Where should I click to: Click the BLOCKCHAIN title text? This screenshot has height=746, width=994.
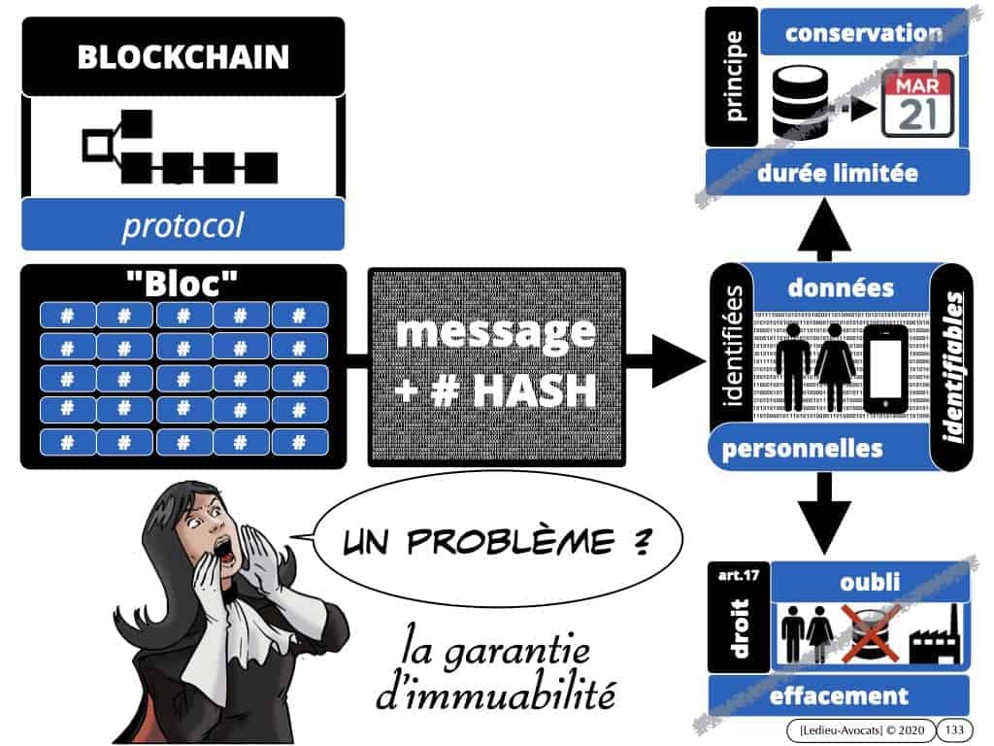(182, 56)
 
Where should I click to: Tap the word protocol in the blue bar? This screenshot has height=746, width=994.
(182, 226)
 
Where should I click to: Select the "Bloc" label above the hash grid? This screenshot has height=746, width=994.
(182, 286)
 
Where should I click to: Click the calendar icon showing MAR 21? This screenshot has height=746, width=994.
(917, 102)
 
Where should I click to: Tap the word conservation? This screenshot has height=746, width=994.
(864, 33)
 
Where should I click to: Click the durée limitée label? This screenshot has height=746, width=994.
(837, 175)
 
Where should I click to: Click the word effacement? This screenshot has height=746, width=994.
(837, 695)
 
